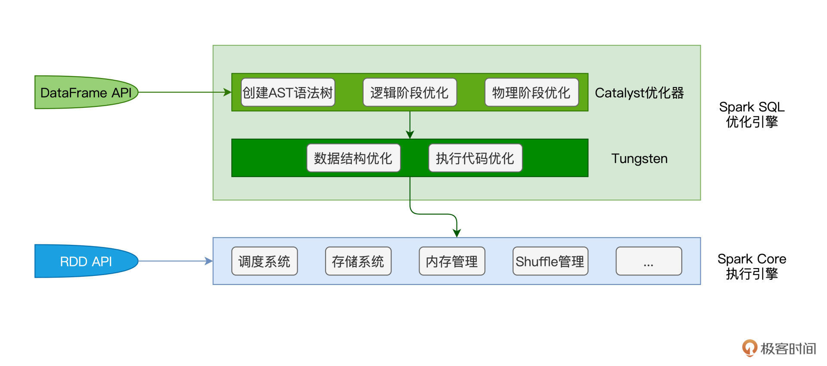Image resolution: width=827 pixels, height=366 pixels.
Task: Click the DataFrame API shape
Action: pyautogui.click(x=86, y=92)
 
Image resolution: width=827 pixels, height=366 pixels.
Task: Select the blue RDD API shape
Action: pyautogui.click(x=86, y=261)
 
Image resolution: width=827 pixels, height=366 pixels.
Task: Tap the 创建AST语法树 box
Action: pyautogui.click(x=288, y=92)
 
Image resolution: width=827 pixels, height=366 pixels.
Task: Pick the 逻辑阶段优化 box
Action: pyautogui.click(x=410, y=92)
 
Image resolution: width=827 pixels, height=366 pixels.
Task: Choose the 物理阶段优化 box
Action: pyautogui.click(x=532, y=92)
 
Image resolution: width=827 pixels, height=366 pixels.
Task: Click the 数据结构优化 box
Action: pyautogui.click(x=353, y=158)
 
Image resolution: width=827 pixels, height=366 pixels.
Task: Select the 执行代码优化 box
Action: pyautogui.click(x=475, y=158)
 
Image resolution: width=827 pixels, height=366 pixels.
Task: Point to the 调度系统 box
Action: pyautogui.click(x=264, y=261)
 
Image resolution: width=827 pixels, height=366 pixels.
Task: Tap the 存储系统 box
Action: pyautogui.click(x=358, y=261)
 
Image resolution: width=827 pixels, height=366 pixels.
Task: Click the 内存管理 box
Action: pyautogui.click(x=452, y=261)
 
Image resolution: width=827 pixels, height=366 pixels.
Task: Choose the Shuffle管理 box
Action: pyautogui.click(x=550, y=261)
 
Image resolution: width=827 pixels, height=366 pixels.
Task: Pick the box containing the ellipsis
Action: pyautogui.click(x=649, y=261)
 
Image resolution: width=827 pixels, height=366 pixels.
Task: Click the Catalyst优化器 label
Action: pyautogui.click(x=639, y=93)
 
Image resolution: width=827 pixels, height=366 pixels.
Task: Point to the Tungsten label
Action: pyautogui.click(x=639, y=159)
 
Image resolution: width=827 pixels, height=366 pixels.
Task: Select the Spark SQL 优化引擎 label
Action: pyautogui.click(x=752, y=114)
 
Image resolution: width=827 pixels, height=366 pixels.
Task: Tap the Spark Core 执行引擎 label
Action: pyautogui.click(x=752, y=266)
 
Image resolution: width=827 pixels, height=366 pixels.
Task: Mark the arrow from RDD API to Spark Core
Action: pyautogui.click(x=175, y=261)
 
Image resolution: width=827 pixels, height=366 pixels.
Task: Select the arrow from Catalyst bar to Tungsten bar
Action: pyautogui.click(x=410, y=125)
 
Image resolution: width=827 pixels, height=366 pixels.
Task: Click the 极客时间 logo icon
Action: pyautogui.click(x=749, y=348)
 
